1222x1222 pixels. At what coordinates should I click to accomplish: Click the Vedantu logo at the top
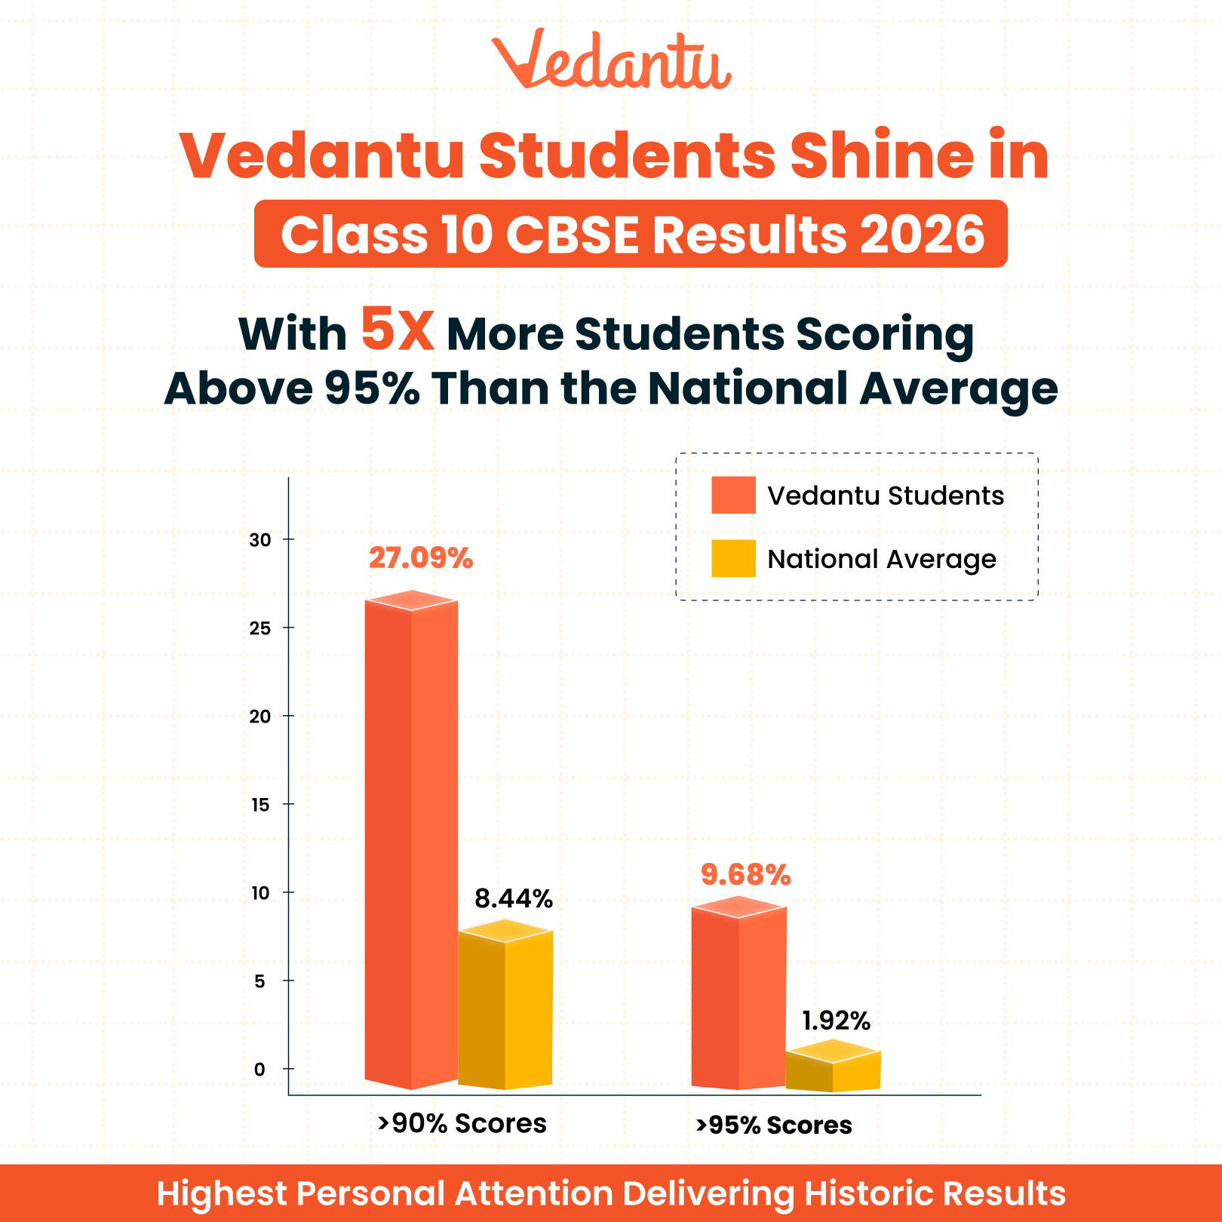[x=611, y=60]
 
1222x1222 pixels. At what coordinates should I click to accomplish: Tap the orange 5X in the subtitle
[x=398, y=330]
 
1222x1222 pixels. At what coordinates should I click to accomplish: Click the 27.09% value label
[x=421, y=558]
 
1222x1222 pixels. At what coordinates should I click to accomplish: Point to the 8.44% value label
[x=514, y=898]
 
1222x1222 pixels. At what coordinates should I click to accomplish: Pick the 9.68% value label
[x=745, y=875]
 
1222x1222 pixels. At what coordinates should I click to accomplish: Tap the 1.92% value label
[x=836, y=1021]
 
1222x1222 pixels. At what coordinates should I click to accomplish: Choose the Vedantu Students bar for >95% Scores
[x=738, y=996]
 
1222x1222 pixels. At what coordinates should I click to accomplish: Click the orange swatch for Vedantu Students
[x=733, y=496]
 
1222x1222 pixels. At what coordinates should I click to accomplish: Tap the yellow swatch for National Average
[x=733, y=559]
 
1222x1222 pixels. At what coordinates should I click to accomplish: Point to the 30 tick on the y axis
[x=260, y=540]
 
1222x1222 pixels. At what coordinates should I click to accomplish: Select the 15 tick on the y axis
[x=260, y=805]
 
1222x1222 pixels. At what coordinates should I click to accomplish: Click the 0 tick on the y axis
[x=260, y=1070]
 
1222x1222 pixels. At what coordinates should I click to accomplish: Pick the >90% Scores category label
[x=462, y=1123]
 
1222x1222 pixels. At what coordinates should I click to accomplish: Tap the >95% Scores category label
[x=774, y=1125]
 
